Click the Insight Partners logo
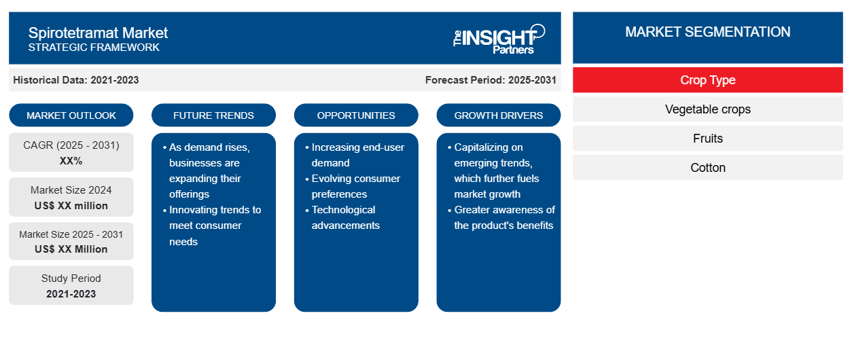(x=499, y=39)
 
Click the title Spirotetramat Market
(x=98, y=33)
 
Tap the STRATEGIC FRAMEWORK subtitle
(x=94, y=48)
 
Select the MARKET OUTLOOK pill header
(x=71, y=115)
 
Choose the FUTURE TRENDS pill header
(x=213, y=115)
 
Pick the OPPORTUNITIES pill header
(x=356, y=115)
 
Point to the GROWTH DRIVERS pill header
(x=498, y=115)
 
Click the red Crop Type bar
(x=707, y=80)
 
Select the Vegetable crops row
(x=707, y=109)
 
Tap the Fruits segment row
(x=707, y=139)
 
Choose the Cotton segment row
(x=707, y=168)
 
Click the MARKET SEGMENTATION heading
(x=707, y=32)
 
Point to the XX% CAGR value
(x=71, y=161)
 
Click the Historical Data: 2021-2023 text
(x=76, y=80)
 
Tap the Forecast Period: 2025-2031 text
(x=491, y=80)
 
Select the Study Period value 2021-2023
(x=71, y=294)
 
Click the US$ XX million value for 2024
(x=71, y=206)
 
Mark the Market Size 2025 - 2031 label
(x=71, y=234)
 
